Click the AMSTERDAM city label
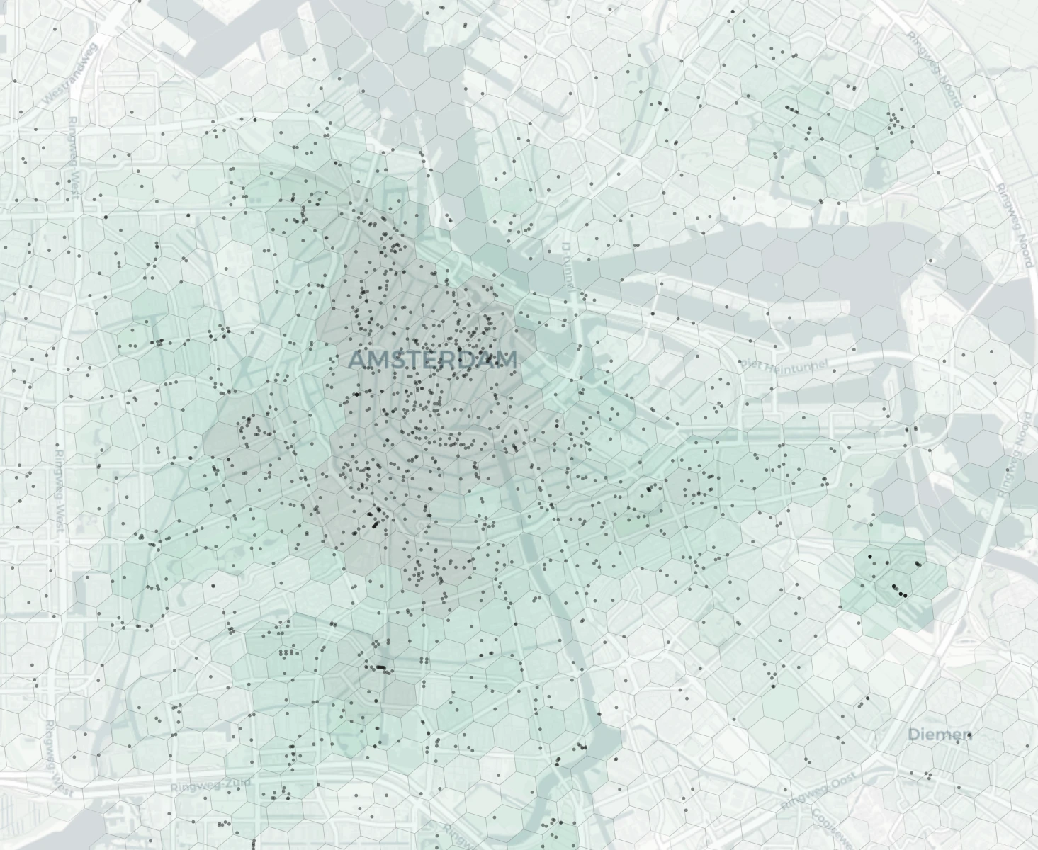[x=432, y=359]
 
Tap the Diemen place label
[x=940, y=734]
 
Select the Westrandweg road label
[x=72, y=74]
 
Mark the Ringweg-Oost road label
[x=818, y=792]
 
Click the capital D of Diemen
[x=914, y=734]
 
